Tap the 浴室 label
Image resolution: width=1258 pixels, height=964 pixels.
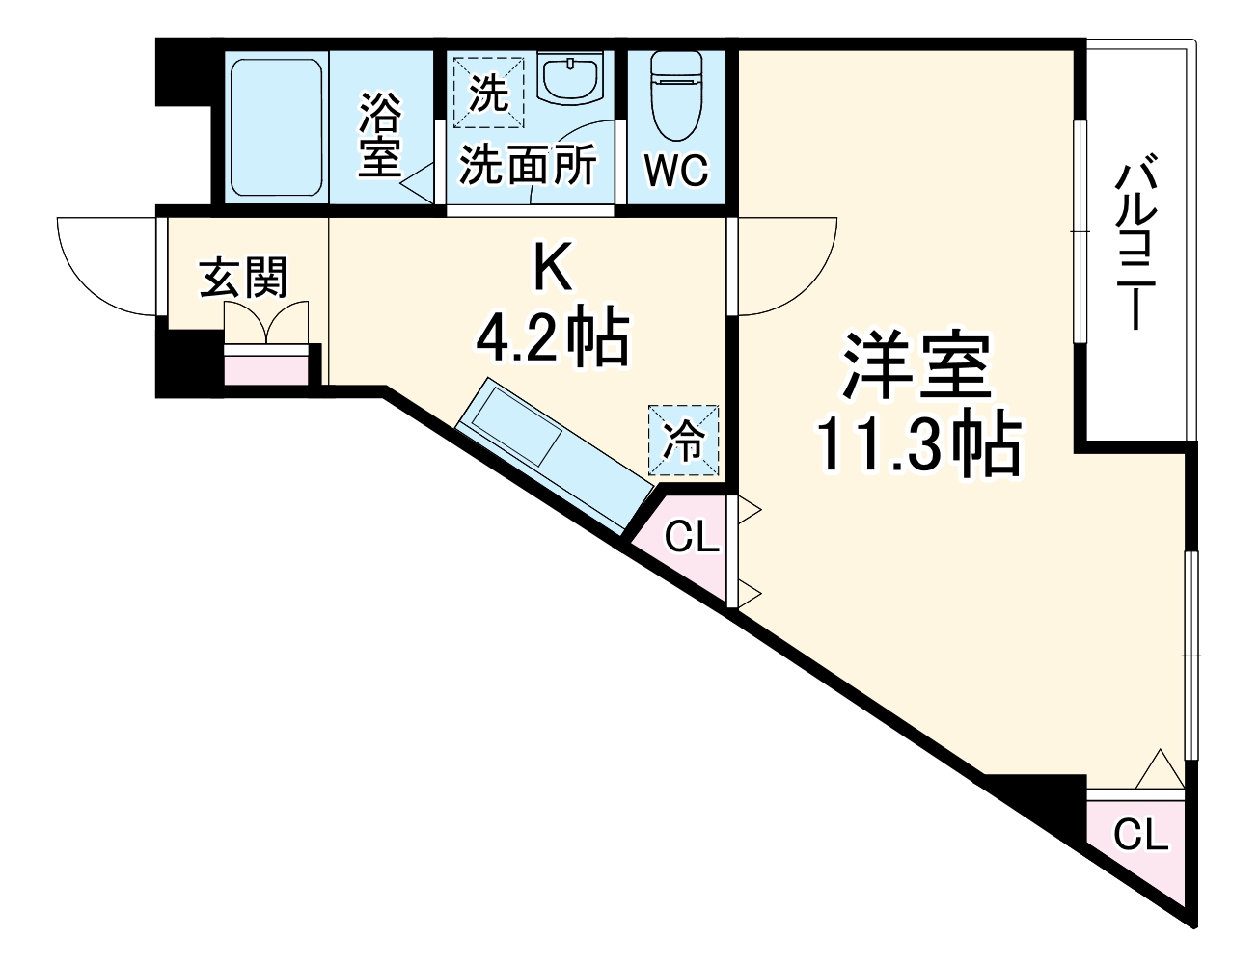(x=380, y=134)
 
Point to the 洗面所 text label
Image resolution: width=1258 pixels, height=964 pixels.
(x=528, y=166)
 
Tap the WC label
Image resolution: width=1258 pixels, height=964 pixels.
(x=676, y=172)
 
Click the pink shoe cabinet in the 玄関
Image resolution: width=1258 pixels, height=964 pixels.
(x=267, y=365)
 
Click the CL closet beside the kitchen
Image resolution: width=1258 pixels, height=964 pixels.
(x=690, y=540)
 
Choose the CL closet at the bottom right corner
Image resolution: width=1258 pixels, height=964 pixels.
(x=1140, y=835)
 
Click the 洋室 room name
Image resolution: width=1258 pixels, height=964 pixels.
(x=916, y=366)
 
